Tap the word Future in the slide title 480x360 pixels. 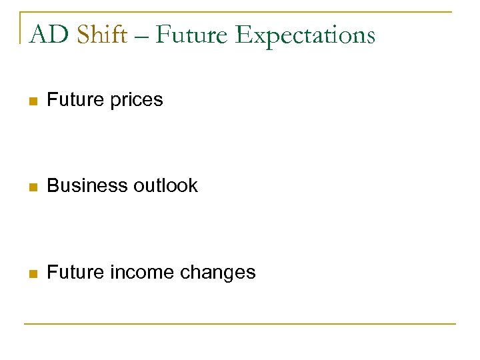(x=191, y=34)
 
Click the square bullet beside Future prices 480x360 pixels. (x=31, y=101)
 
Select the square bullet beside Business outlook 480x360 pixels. (x=31, y=187)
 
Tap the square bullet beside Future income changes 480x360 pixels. (x=31, y=273)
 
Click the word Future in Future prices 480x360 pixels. (x=73, y=100)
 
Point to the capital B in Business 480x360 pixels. (x=53, y=186)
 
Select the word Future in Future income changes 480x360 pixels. (x=73, y=273)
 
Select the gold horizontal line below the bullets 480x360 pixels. (x=240, y=324)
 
